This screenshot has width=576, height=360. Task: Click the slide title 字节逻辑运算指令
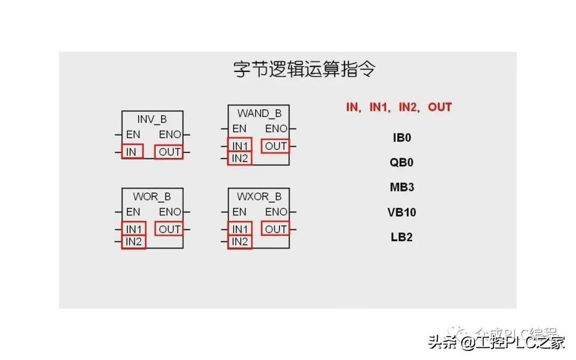point(305,70)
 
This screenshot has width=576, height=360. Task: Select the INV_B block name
point(152,119)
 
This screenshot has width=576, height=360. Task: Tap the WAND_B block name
point(259,113)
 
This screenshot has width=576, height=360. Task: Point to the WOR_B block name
point(152,196)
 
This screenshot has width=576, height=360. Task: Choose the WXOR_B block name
point(259,196)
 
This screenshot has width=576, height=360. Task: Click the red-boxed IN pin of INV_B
point(132,152)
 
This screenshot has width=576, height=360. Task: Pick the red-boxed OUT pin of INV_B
point(170,152)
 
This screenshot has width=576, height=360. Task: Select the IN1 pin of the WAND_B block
point(239,146)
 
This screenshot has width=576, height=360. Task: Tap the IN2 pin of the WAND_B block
point(239,158)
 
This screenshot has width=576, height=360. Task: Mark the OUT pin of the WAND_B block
point(276,146)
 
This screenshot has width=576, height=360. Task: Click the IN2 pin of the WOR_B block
point(134,242)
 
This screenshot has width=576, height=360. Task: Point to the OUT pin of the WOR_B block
point(170,229)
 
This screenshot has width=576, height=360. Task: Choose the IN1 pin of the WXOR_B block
point(239,229)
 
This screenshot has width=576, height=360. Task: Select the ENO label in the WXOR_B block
point(276,212)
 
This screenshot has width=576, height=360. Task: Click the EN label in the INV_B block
point(133,135)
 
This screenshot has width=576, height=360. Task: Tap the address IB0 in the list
point(402,138)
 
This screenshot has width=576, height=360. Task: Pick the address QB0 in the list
point(402,163)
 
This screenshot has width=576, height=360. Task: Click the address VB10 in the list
point(402,212)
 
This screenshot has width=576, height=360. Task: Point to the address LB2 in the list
point(402,237)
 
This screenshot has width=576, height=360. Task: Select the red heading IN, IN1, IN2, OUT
point(399,107)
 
